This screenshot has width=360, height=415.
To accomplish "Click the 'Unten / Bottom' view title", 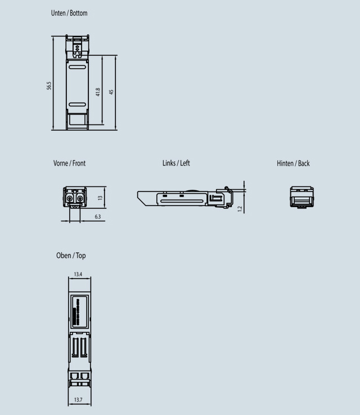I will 69,12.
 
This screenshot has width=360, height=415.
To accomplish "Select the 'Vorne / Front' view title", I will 69,163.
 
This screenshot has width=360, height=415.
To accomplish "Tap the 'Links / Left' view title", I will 176,163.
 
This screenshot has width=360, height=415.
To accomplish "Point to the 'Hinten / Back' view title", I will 293,163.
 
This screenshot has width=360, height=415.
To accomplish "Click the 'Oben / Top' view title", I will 71,256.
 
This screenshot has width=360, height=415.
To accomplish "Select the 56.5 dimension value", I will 49,85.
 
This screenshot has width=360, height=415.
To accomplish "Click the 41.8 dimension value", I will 98,91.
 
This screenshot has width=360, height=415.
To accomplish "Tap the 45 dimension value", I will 111,91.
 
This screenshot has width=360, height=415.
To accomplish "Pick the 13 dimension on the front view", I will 100,198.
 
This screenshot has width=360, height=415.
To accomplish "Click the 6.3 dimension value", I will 97,217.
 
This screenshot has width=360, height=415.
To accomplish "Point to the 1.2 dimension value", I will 240,209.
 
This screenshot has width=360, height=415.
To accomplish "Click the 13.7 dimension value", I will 79,399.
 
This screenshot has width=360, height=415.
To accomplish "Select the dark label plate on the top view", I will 79,312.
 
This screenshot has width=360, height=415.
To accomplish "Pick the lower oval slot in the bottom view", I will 77,105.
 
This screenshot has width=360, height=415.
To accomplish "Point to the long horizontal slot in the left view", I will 182,199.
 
